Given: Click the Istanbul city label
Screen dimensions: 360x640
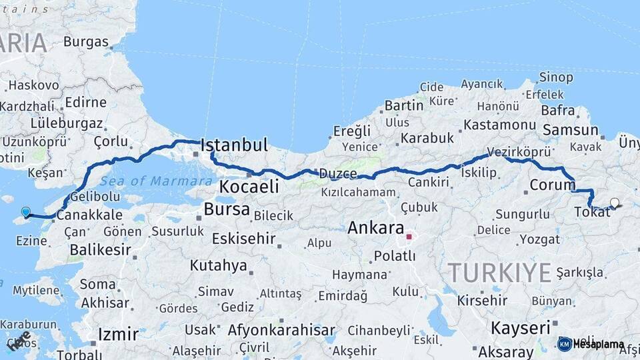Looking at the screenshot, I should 234,145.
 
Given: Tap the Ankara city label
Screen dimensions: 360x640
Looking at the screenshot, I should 376,227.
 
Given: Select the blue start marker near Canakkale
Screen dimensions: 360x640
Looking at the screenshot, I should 25,212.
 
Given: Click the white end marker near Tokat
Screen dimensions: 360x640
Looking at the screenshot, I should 614,203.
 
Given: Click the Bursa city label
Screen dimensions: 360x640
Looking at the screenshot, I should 227,209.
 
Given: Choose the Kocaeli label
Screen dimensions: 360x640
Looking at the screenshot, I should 249,187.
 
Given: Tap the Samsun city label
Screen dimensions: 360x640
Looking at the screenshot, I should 570,129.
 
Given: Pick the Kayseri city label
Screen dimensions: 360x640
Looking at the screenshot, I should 520,327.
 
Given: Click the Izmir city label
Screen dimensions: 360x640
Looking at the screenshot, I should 118,333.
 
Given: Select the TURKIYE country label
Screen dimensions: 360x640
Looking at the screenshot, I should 499,272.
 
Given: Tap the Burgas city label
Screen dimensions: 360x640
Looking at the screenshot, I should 86,41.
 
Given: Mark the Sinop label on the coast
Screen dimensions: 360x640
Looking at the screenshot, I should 556,77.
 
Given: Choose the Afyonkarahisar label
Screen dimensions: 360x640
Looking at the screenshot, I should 281,330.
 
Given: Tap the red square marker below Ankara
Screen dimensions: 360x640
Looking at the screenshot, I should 409,236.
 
